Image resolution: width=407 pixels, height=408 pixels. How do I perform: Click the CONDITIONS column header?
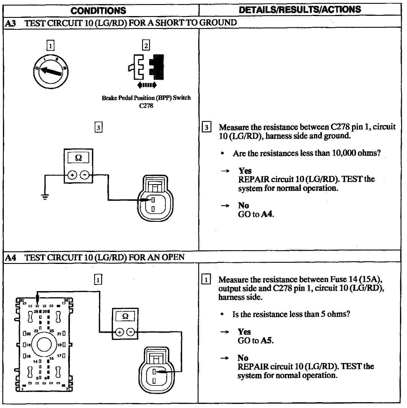click(98, 11)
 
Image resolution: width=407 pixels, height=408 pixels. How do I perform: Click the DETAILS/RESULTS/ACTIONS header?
click(300, 10)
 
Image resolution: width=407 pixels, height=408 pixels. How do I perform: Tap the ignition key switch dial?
click(51, 71)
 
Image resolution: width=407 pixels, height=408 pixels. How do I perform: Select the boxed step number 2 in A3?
click(146, 45)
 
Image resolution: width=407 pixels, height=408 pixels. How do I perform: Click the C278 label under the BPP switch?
click(146, 106)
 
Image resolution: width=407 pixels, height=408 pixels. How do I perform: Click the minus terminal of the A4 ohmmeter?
click(132, 332)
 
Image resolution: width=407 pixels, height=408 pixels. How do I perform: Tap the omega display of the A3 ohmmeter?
click(78, 158)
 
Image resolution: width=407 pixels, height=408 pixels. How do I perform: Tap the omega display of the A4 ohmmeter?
click(125, 317)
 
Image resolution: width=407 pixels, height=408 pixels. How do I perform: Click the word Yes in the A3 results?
click(245, 171)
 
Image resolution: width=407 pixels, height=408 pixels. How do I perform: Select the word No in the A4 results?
click(243, 358)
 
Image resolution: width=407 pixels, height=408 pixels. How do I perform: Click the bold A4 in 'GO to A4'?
click(267, 214)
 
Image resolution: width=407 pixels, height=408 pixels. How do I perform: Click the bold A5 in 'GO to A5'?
click(267, 340)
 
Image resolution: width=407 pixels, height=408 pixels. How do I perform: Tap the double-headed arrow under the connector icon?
click(147, 85)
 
